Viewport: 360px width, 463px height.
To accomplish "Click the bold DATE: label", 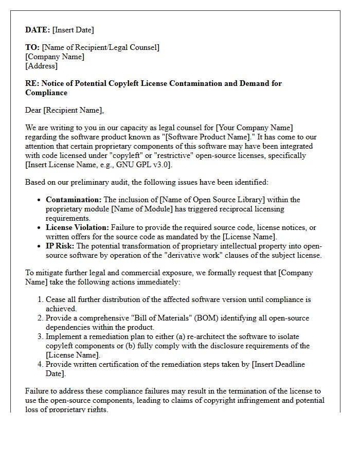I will [x=38, y=30].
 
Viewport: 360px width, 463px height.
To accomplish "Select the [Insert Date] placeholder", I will [x=73, y=30].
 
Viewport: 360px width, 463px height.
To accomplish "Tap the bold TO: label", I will [x=32, y=47].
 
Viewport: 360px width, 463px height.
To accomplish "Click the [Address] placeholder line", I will [x=41, y=66].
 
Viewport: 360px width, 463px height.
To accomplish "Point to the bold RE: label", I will [x=32, y=83].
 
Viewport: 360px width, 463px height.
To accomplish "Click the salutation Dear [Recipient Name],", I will [x=64, y=110].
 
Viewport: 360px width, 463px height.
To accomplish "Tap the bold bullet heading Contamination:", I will [x=74, y=200].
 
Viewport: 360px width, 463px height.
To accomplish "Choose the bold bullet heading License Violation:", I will [x=77, y=227].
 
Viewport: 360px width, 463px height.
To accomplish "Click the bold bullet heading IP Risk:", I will [x=60, y=246].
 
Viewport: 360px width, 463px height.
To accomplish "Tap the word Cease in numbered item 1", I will [x=56, y=299].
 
